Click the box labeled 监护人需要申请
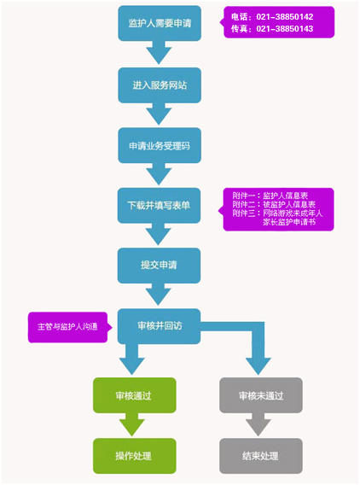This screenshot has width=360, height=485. tap(160, 23)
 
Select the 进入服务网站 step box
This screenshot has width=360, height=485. tap(160, 85)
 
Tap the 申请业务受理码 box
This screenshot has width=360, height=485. tap(160, 146)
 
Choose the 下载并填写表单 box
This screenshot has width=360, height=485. tap(159, 206)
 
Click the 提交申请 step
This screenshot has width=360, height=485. tap(159, 266)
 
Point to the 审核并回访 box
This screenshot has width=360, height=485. tap(159, 326)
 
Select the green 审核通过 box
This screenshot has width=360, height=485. tap(135, 395)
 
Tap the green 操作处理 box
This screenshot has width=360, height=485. tap(135, 456)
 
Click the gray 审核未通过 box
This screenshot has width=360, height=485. tap(261, 395)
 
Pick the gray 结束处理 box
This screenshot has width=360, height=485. tap(261, 456)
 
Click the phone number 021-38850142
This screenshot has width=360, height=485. tap(285, 17)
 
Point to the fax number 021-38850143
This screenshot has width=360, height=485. tap(285, 29)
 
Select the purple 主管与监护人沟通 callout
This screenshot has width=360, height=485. tap(68, 327)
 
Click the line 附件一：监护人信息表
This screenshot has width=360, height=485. tap(270, 196)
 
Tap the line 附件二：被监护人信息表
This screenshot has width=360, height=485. tap(274, 204)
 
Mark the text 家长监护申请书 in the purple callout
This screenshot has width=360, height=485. tap(289, 222)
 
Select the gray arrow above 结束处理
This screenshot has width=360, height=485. tap(258, 424)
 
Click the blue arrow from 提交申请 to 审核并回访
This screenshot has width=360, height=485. tap(158, 295)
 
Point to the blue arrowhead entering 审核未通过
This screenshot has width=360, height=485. tap(258, 366)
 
